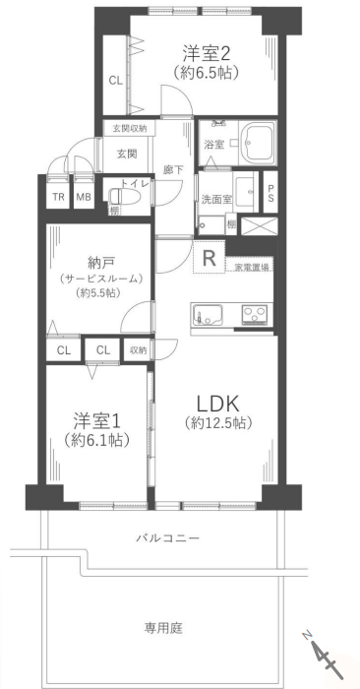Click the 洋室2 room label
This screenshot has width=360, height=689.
[x=207, y=53]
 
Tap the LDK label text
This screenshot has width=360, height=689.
[x=217, y=404]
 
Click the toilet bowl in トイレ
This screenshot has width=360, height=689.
[x=123, y=196]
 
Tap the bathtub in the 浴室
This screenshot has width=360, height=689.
[x=259, y=141]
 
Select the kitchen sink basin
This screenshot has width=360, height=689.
[x=207, y=315]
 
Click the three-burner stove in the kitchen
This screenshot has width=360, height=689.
[x=256, y=315]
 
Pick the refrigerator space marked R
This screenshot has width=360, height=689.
[x=209, y=257]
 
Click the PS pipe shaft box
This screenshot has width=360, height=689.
[x=270, y=192]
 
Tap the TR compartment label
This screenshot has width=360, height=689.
[x=58, y=197]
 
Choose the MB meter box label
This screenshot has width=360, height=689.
[x=84, y=197]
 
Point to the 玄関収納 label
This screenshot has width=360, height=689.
[x=128, y=129]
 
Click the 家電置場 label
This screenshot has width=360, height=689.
[x=250, y=267]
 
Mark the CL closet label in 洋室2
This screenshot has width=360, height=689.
[x=116, y=81]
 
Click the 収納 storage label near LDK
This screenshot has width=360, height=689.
[x=138, y=349]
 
